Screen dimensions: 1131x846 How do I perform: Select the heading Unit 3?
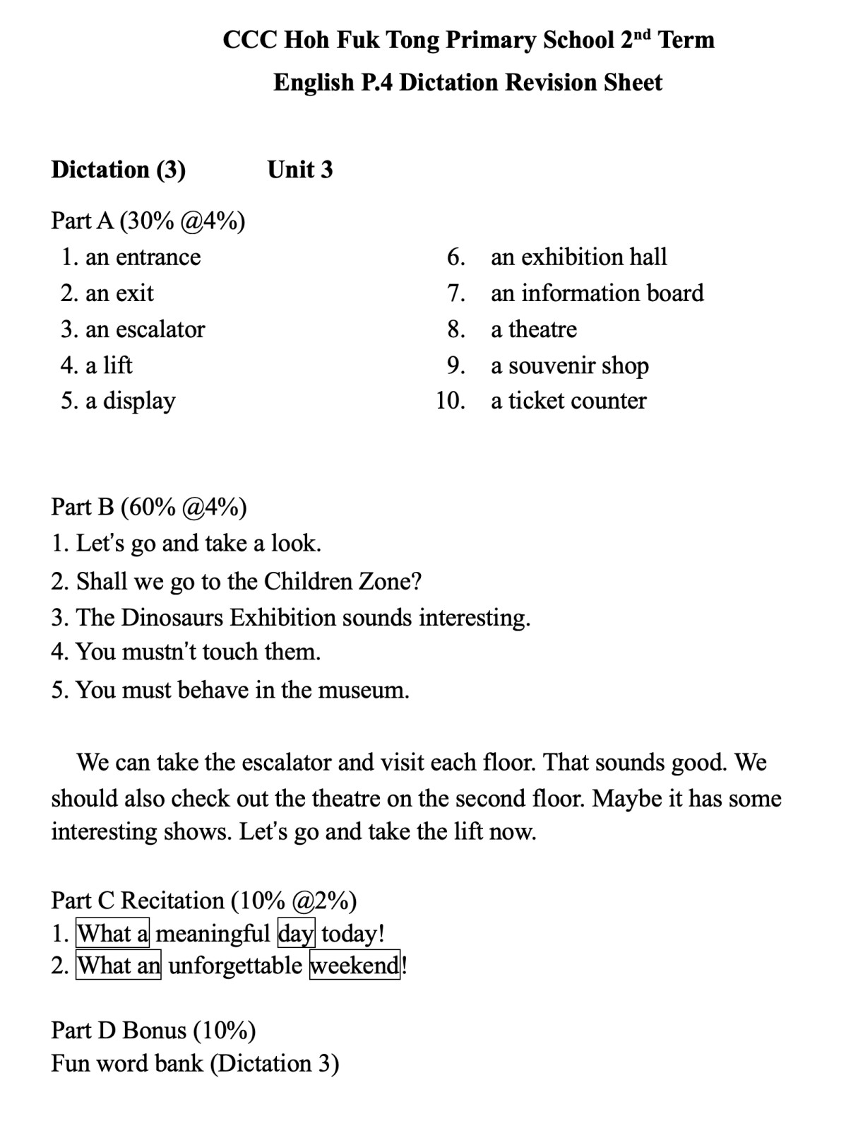(x=299, y=170)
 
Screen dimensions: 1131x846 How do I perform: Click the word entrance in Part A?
(x=158, y=257)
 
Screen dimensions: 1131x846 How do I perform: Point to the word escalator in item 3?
(x=160, y=329)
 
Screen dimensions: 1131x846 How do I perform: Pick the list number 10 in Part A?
(x=450, y=401)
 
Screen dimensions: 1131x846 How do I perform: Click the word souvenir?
(x=552, y=365)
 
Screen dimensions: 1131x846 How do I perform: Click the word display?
(x=139, y=402)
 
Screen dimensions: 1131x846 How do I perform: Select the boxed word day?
(x=296, y=934)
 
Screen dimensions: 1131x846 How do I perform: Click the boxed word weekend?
(x=355, y=966)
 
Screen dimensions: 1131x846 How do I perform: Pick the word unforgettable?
(x=235, y=966)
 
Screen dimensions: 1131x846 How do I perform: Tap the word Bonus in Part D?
(x=155, y=1031)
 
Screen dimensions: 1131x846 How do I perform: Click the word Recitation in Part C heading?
(x=172, y=901)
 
